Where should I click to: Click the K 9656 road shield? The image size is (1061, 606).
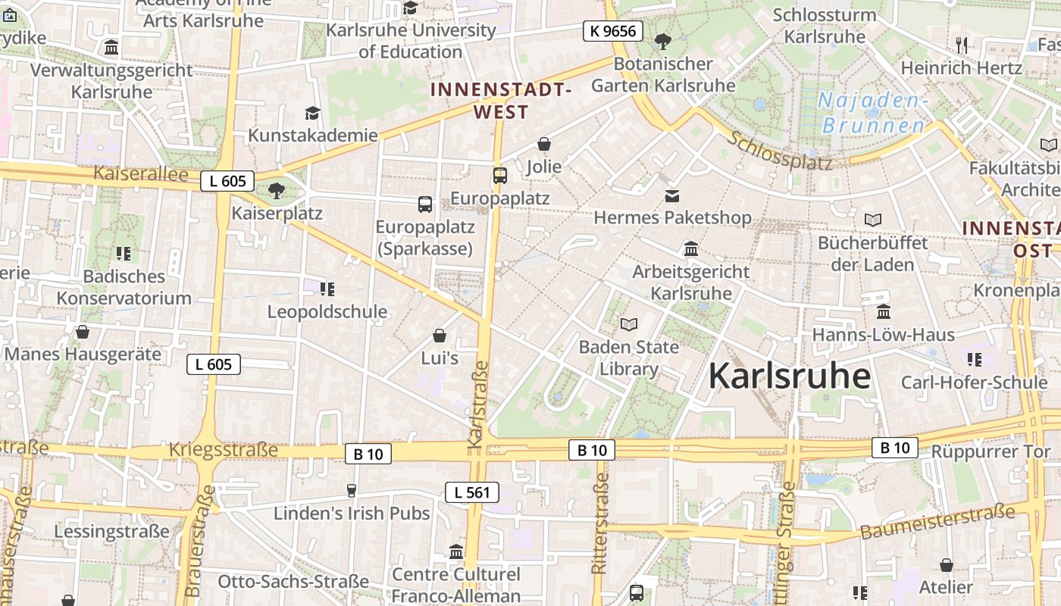[x=613, y=31]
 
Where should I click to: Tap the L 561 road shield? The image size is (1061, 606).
[x=471, y=492]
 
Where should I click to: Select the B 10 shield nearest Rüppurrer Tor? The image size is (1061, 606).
[x=894, y=448]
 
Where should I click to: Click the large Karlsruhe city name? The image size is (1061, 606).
[x=789, y=376]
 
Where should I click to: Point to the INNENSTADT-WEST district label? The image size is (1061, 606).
[x=500, y=101]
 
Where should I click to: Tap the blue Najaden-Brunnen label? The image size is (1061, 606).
[x=873, y=113]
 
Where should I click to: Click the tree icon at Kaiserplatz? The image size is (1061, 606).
[x=277, y=190]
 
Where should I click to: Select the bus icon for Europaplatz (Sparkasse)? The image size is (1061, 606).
[x=425, y=204]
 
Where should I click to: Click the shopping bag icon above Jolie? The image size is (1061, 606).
[x=543, y=144]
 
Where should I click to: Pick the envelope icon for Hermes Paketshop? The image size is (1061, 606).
[x=671, y=196]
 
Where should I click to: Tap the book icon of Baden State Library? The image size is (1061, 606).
[x=628, y=325]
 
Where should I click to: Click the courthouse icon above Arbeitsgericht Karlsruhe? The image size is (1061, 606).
[x=690, y=248]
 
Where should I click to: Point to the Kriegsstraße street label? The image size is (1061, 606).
[x=224, y=450]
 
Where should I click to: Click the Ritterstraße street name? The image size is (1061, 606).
[x=599, y=523]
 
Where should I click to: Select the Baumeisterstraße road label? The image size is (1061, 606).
[x=937, y=523]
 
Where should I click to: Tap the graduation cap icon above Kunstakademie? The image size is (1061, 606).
[x=312, y=114]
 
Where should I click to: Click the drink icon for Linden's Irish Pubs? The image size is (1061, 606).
[x=351, y=491]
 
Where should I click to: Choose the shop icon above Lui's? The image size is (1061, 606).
[x=440, y=336]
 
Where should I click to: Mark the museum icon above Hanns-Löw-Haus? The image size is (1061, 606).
[x=883, y=312]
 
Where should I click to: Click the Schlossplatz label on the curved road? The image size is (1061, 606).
[x=781, y=151]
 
